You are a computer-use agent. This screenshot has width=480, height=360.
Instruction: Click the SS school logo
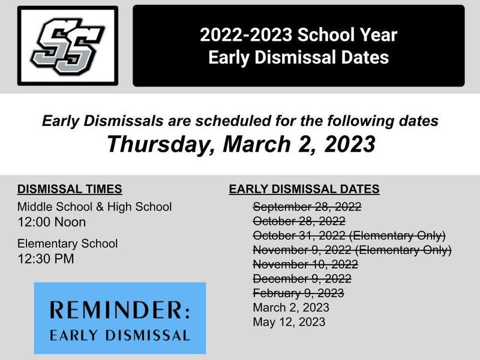(68, 46)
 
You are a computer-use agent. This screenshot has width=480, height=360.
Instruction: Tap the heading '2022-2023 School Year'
(298, 35)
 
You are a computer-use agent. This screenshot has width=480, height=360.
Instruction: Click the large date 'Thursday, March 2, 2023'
(241, 144)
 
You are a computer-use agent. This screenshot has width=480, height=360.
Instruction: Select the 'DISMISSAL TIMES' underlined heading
(70, 189)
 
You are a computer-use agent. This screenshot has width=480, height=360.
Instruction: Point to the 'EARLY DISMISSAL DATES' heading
(304, 189)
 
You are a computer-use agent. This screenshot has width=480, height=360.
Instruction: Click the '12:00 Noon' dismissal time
(52, 222)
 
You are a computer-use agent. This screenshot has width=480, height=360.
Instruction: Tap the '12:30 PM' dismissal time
(46, 259)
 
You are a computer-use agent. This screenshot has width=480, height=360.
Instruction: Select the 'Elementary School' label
(67, 244)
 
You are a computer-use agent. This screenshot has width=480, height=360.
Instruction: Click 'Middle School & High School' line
(94, 207)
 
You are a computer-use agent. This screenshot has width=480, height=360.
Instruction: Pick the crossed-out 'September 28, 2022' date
(307, 207)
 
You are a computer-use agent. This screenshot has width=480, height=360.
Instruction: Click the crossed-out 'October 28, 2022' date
(299, 221)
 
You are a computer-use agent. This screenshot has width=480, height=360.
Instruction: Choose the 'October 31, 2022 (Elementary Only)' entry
(349, 236)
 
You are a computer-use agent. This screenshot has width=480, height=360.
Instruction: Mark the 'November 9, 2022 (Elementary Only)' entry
(352, 250)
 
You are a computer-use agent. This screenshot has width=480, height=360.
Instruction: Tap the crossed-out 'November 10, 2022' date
(305, 264)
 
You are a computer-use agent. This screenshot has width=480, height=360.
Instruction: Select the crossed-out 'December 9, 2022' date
(302, 279)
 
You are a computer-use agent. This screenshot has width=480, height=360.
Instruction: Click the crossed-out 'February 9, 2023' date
(298, 293)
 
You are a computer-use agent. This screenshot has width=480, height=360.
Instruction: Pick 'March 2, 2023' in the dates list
(291, 308)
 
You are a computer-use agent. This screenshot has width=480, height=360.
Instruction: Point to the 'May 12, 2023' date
(289, 322)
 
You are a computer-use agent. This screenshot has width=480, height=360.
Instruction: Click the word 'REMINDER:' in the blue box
(119, 310)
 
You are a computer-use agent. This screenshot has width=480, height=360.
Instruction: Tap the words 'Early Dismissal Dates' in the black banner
(298, 58)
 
